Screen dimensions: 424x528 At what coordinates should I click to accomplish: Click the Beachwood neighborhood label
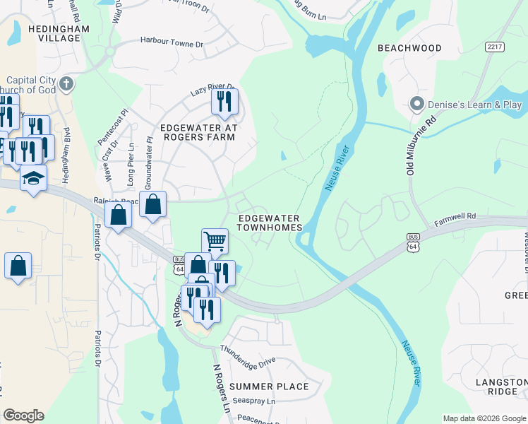click(409, 48)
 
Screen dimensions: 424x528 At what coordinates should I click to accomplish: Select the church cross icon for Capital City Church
click(67, 84)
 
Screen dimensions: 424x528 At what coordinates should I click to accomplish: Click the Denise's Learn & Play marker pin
click(416, 105)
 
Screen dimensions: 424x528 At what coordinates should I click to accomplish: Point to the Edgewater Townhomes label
click(269, 223)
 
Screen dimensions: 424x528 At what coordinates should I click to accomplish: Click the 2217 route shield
click(494, 47)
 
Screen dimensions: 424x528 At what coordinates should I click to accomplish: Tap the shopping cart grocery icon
click(215, 240)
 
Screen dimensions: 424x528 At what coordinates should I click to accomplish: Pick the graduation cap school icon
click(33, 178)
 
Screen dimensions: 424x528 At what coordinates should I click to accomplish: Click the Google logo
click(23, 416)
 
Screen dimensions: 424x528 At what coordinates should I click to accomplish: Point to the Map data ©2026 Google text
click(484, 418)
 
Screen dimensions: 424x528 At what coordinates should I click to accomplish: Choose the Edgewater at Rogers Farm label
click(198, 132)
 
